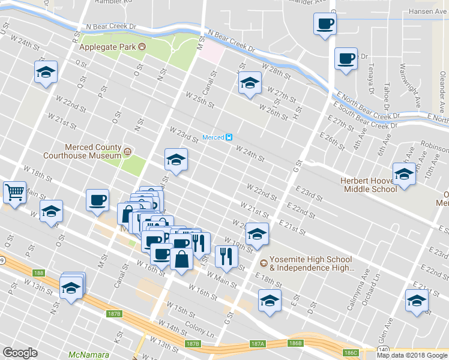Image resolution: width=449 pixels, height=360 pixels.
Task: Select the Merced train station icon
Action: pyautogui.click(x=229, y=137)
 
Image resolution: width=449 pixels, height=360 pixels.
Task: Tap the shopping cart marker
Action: pyautogui.click(x=15, y=193)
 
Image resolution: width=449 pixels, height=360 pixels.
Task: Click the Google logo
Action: pyautogui.click(x=20, y=353)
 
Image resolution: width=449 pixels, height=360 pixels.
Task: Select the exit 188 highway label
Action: pyautogui.click(x=39, y=273)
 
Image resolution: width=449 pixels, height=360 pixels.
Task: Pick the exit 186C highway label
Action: pyautogui.click(x=351, y=352)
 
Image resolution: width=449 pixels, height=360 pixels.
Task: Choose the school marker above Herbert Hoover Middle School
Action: pyautogui.click(x=404, y=174)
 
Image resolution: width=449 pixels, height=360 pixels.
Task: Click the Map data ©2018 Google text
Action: pyautogui.click(x=411, y=355)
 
